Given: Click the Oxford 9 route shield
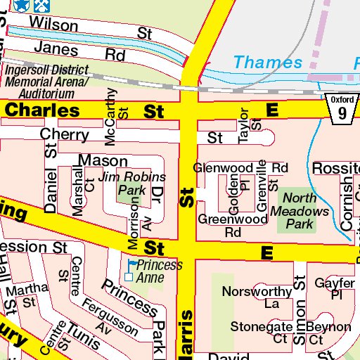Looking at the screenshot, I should pos(342,108).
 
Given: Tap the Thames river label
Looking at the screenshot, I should pos(266,63).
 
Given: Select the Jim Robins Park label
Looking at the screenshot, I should pos(123,184).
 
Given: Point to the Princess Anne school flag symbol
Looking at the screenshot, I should pos(130,265).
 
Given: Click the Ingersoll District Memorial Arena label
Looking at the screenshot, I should pos(47,82).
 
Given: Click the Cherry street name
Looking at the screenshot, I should pos(65,134).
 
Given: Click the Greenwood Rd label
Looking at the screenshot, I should pos(233,226).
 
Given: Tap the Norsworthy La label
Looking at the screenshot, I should pos(256,297).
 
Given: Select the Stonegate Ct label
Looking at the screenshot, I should pos(262,333).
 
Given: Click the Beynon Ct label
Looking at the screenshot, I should pos(328,333).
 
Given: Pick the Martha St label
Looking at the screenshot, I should pos(28,295).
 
